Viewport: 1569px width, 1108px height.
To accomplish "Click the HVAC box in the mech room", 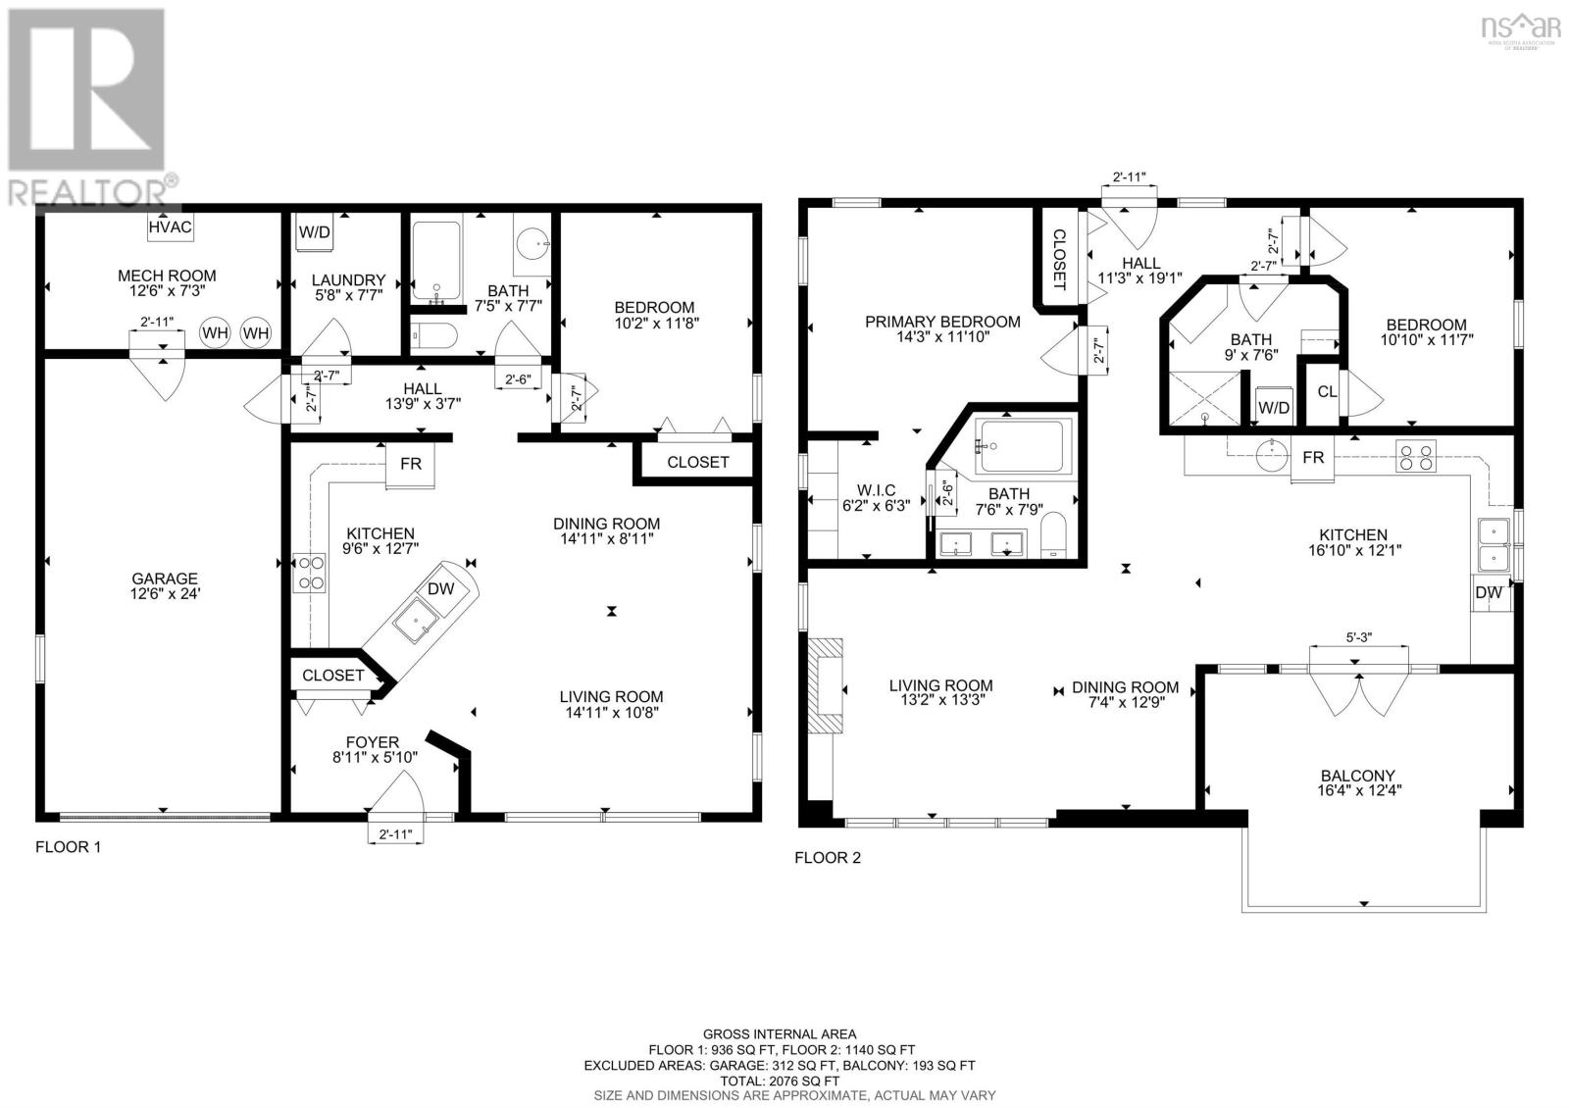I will (171, 227).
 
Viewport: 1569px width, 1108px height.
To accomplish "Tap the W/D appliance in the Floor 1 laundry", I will (314, 232).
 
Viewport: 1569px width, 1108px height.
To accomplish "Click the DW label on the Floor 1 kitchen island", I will (440, 588).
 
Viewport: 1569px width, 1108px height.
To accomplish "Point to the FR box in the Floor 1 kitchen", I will (410, 464).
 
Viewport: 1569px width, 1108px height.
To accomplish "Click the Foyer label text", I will (372, 749).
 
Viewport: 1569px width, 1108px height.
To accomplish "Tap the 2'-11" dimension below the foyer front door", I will (395, 834).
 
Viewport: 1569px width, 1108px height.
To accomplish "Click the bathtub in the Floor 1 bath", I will (435, 262).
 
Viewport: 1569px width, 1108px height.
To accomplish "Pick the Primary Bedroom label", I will (941, 328).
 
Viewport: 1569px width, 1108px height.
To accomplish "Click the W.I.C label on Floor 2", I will (876, 497).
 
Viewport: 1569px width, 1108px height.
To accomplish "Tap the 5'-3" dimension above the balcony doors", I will (1358, 638).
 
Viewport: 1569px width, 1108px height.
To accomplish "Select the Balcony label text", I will (1357, 781).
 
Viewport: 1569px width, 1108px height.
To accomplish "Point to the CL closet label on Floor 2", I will (1327, 392).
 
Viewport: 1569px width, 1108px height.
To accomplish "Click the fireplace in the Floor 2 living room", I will (826, 685).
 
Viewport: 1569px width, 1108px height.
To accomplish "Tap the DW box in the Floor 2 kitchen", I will (1488, 593).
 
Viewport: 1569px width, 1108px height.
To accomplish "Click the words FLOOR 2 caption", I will (827, 858).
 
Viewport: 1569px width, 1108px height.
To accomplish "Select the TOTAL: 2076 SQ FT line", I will (779, 1080).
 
